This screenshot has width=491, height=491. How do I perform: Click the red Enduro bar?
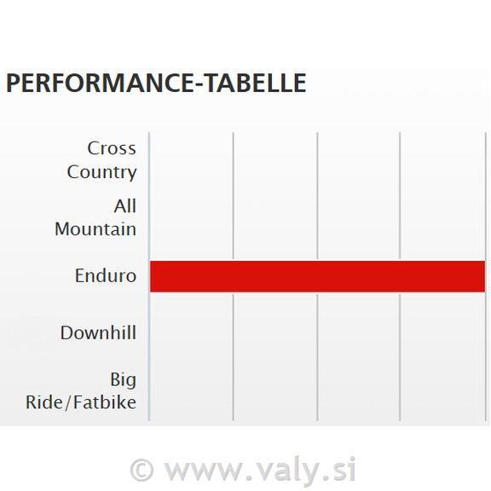click(317, 276)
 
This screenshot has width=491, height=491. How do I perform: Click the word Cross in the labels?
click(112, 148)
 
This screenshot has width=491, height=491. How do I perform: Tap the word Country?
click(101, 172)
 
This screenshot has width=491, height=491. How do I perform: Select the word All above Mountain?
click(125, 206)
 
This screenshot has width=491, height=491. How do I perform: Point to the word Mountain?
click(95, 229)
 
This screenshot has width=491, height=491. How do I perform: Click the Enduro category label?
click(106, 276)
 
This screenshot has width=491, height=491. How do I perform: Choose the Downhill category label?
click(98, 332)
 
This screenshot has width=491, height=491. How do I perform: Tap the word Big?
click(123, 380)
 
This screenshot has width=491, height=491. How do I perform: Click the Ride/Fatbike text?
click(81, 402)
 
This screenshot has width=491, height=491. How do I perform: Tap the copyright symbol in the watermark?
click(142, 470)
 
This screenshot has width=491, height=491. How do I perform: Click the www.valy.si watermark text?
click(260, 470)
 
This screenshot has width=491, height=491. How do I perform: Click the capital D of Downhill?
click(66, 332)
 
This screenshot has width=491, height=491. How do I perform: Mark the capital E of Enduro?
click(79, 276)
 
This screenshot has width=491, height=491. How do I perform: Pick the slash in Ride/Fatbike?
click(68, 402)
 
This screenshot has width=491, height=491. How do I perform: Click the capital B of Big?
click(115, 379)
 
